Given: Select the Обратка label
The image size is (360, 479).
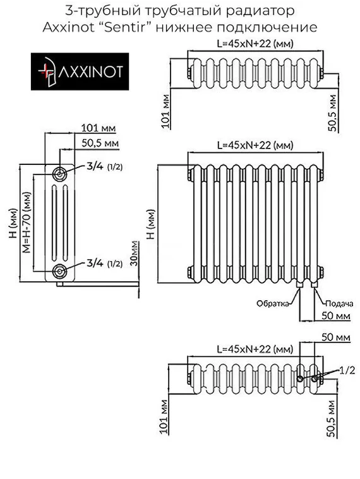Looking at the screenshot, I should click(273, 303).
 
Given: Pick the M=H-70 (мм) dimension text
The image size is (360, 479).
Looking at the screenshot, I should click(27, 221).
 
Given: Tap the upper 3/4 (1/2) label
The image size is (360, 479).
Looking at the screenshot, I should click(104, 166).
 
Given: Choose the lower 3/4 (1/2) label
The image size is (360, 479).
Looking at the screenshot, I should click(104, 263).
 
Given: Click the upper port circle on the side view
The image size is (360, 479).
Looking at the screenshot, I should click(59, 173).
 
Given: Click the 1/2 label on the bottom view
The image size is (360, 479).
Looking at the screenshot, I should click(346, 368).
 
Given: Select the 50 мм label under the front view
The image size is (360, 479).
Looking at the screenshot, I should click(335, 315).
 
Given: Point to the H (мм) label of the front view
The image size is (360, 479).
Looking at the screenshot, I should click(150, 228).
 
